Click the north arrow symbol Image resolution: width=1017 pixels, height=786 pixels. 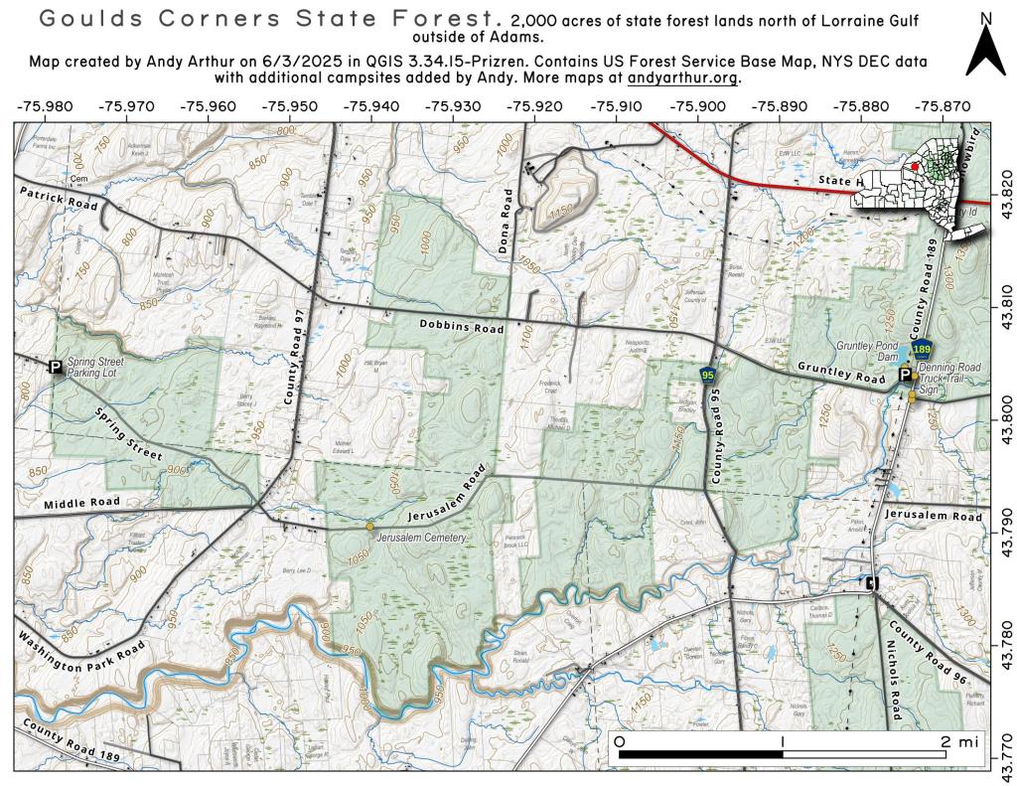[985, 50]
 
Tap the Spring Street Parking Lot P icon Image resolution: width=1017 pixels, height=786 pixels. [56, 367]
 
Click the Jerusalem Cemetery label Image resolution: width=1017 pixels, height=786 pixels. [421, 538]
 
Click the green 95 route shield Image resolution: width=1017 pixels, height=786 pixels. [707, 375]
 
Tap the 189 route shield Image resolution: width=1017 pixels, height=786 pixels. [922, 350]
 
